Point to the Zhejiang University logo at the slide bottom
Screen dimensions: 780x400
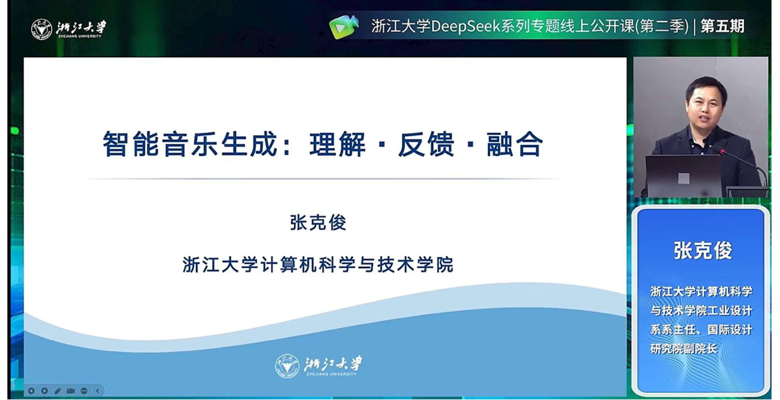[319, 366]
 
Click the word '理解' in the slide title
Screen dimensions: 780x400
[338, 144]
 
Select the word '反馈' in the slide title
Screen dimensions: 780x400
[426, 144]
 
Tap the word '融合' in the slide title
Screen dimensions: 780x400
[515, 144]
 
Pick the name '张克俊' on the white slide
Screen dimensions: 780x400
[318, 223]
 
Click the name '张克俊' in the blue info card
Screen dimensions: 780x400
[703, 250]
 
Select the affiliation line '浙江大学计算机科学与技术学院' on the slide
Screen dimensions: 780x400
[318, 265]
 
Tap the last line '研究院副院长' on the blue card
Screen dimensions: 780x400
[684, 349]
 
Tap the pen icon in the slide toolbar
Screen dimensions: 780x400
[58, 391]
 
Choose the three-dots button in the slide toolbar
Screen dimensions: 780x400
[84, 391]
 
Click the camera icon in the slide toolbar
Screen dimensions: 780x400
[71, 391]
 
